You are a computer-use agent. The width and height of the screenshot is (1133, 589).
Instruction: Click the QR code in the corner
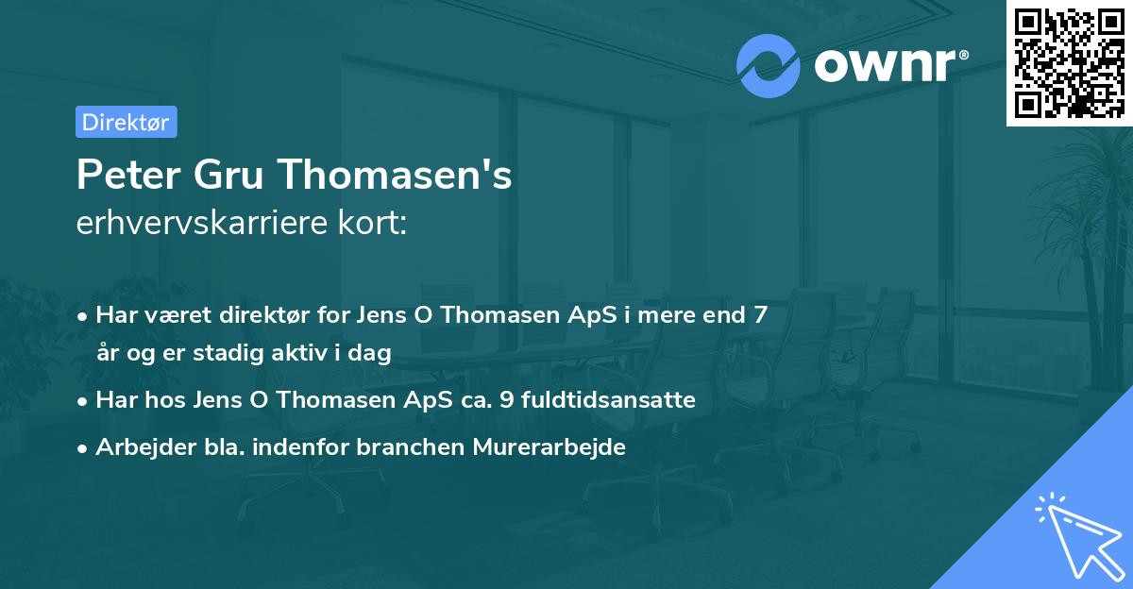(x=1069, y=62)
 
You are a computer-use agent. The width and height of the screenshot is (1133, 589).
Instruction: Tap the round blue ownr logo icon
(x=769, y=65)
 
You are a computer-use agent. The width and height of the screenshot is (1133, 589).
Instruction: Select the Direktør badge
(x=126, y=122)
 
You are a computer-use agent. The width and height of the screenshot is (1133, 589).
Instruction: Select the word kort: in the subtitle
(x=375, y=223)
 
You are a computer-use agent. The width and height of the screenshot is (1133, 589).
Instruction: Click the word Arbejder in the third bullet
(x=136, y=447)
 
